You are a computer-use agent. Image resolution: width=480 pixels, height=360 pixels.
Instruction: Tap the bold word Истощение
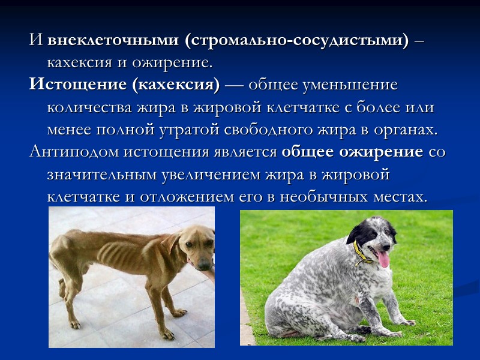(x=75, y=85)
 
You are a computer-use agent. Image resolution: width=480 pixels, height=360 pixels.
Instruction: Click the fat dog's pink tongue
(x=383, y=259)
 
